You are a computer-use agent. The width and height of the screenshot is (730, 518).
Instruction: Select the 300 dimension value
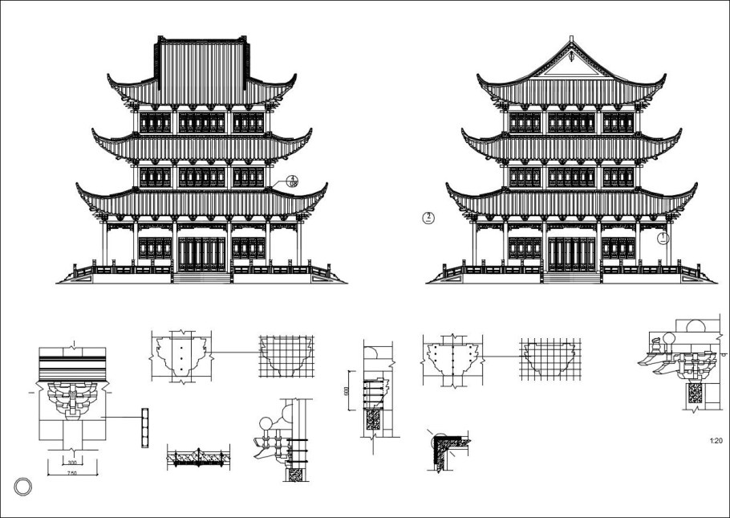tap(71, 463)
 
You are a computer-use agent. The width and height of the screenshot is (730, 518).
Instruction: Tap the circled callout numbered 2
tap(429, 217)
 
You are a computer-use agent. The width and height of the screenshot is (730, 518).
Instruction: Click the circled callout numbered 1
tap(663, 238)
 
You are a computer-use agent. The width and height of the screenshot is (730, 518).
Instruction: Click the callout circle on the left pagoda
tap(294, 182)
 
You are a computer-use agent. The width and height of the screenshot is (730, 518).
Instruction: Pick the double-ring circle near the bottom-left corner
tap(24, 486)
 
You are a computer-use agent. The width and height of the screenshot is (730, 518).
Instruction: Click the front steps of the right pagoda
tap(571, 278)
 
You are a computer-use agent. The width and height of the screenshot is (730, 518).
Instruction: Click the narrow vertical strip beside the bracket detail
tap(145, 428)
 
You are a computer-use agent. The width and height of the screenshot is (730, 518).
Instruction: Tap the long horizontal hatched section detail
tap(197, 458)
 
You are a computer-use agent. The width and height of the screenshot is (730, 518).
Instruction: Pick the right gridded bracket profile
tap(550, 358)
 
